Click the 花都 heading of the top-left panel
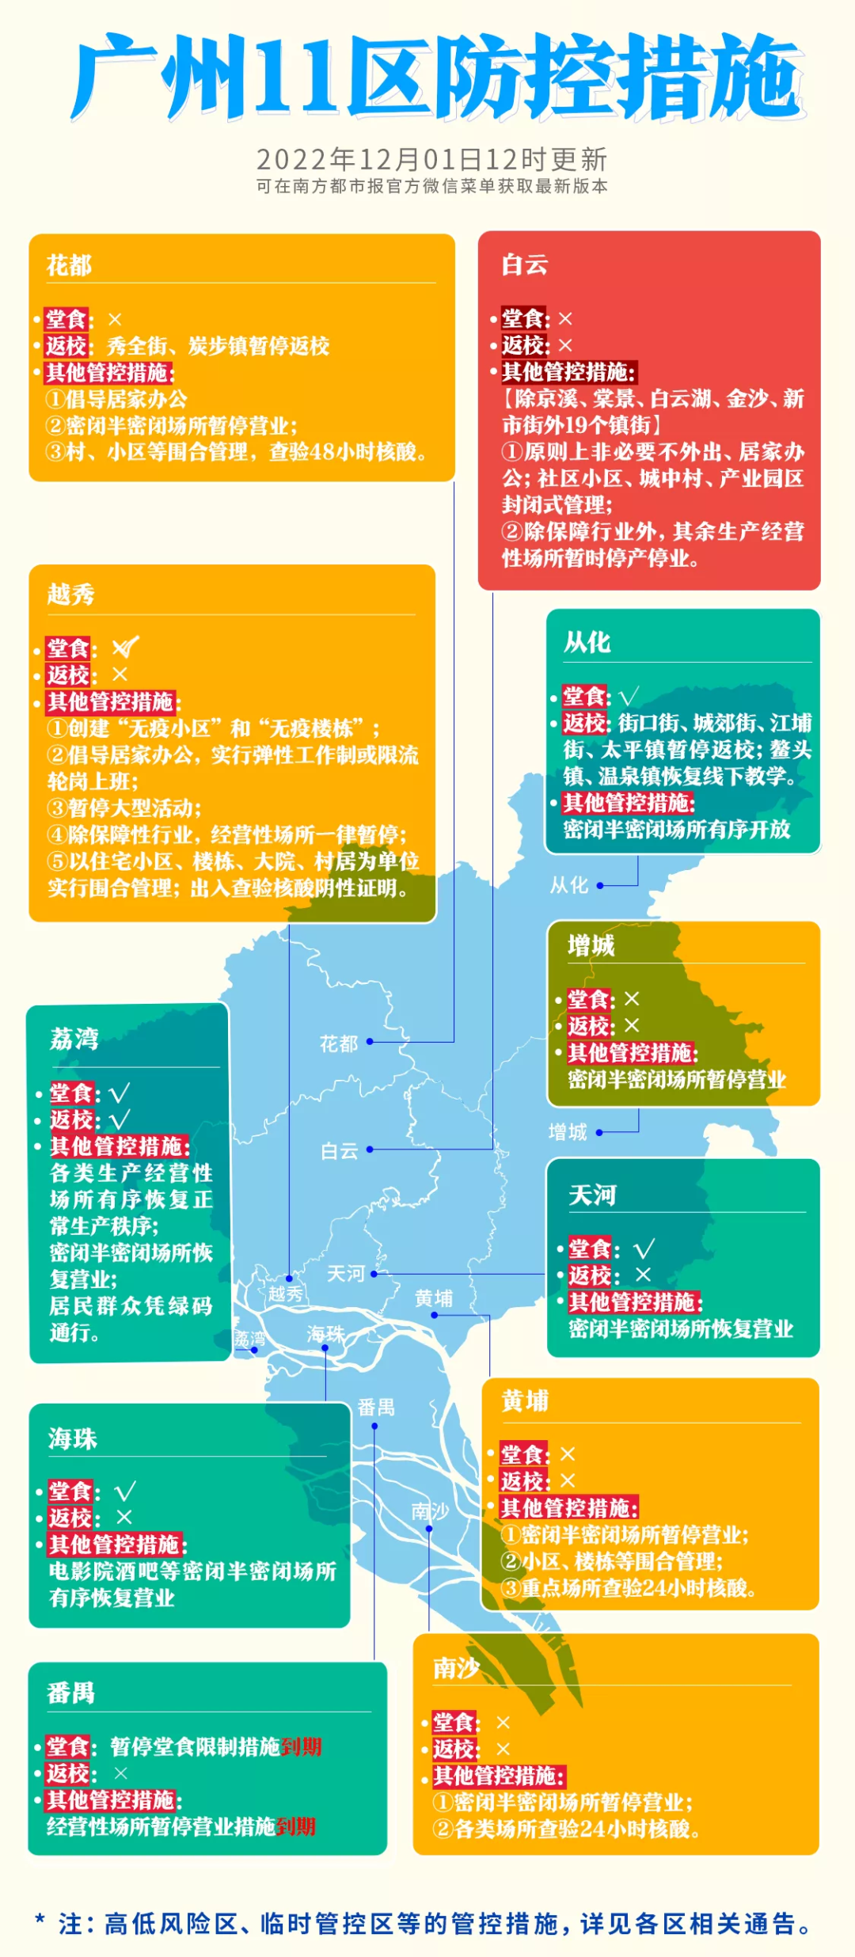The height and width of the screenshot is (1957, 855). [69, 265]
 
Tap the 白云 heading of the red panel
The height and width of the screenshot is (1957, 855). [524, 264]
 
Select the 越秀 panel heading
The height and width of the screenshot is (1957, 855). [70, 594]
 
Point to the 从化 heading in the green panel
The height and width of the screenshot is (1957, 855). [587, 642]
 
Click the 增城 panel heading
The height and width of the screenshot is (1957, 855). [591, 945]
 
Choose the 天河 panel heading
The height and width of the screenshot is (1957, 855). [592, 1195]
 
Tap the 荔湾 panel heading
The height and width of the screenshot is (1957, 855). [74, 1038]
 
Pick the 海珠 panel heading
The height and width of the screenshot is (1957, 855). [72, 1438]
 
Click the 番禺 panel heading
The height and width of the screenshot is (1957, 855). [70, 1693]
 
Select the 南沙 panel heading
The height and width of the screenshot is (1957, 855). [456, 1668]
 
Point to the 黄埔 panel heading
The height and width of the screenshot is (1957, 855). [524, 1401]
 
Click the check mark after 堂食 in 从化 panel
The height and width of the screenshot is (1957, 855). [629, 697]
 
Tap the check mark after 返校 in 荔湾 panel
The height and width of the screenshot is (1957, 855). [120, 1120]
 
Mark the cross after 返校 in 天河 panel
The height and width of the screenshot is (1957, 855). [643, 1275]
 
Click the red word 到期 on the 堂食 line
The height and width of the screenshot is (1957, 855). [302, 1746]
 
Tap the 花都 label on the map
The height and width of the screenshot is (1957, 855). [339, 1044]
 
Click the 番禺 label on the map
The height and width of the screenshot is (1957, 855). [375, 1407]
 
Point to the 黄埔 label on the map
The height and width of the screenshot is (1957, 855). [434, 1298]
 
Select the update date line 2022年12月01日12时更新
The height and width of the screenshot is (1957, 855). [431, 160]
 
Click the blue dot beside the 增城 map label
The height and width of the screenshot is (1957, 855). [599, 1133]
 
